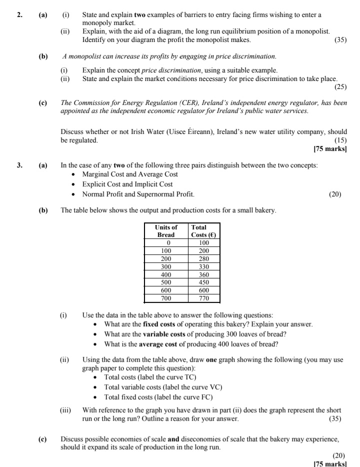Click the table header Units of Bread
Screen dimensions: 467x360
166,230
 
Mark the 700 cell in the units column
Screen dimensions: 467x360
166,298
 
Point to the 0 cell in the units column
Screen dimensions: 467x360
166,242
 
